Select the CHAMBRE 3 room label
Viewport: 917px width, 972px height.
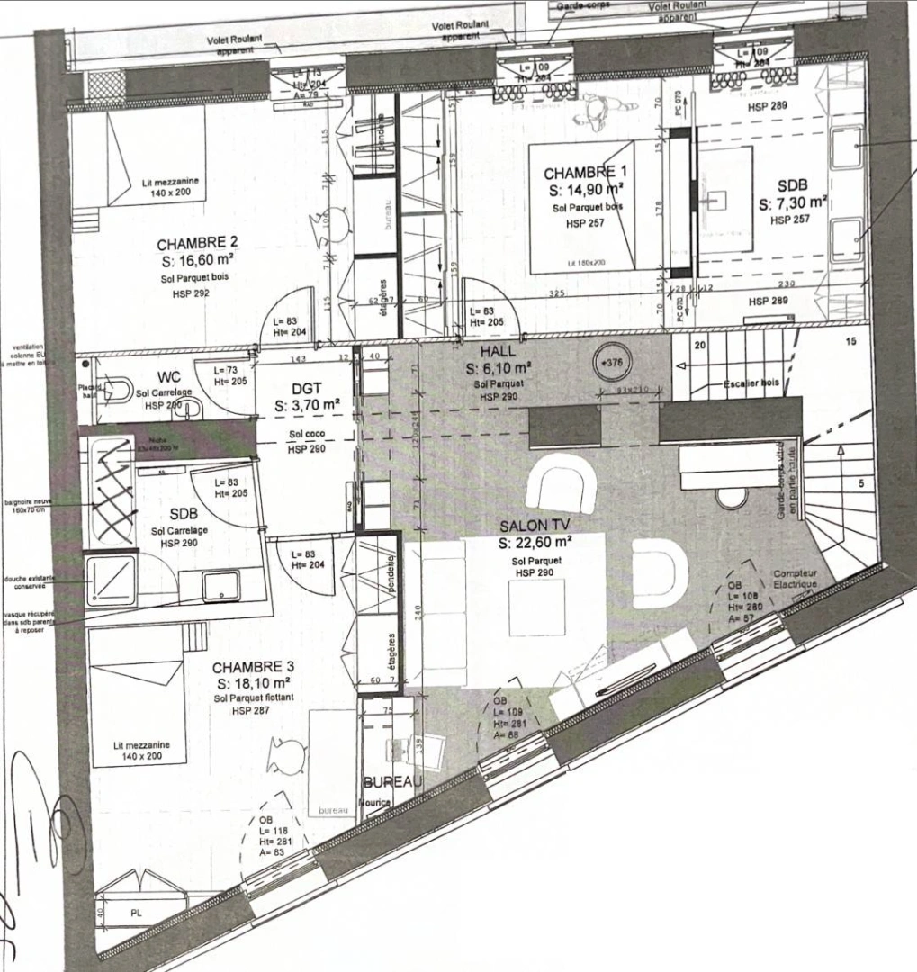253,668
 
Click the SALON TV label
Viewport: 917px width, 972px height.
536,526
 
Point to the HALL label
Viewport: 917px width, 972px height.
498,353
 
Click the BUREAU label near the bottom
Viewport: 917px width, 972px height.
392,783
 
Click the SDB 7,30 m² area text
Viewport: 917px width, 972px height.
792,204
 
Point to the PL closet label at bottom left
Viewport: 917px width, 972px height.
137,913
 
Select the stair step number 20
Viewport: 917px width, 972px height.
700,343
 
